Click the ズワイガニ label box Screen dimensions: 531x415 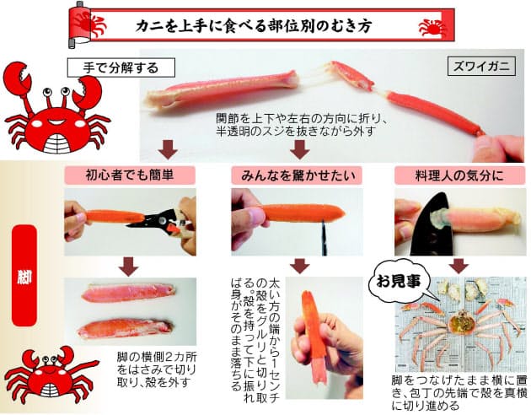point(481,67)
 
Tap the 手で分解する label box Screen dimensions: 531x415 point(121,67)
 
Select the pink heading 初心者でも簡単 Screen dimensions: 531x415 point(130,175)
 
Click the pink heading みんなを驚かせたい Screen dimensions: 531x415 point(297,175)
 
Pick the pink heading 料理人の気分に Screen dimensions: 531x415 point(460,175)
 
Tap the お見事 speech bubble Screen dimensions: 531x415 point(398,282)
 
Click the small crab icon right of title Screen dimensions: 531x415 point(432,27)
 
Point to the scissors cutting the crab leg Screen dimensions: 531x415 point(159,223)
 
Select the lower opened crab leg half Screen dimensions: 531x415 point(126,328)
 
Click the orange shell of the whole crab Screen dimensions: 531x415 point(460,323)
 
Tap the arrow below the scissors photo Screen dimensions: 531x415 point(128,266)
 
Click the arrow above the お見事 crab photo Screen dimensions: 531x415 point(459,265)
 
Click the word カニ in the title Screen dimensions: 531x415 point(147,26)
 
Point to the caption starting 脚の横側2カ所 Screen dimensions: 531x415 point(157,369)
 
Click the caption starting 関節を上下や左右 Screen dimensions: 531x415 point(301,125)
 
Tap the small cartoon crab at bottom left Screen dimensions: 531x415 point(51,375)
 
